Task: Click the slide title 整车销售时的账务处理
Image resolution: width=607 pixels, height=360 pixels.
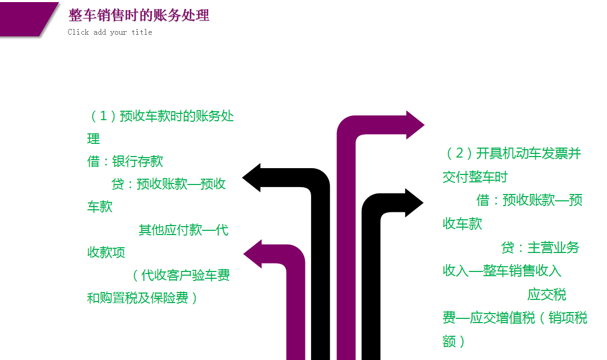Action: click(x=139, y=15)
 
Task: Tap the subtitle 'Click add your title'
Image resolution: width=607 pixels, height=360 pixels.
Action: click(x=110, y=32)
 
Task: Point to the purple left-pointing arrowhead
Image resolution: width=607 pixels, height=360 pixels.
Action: click(x=253, y=254)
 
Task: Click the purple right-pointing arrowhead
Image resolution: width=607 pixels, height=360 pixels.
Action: click(x=415, y=125)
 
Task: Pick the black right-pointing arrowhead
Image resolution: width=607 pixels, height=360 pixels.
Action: click(x=414, y=202)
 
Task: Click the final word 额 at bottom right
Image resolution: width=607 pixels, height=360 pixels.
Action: click(x=449, y=341)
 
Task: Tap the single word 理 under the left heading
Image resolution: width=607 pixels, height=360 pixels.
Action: click(x=93, y=139)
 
